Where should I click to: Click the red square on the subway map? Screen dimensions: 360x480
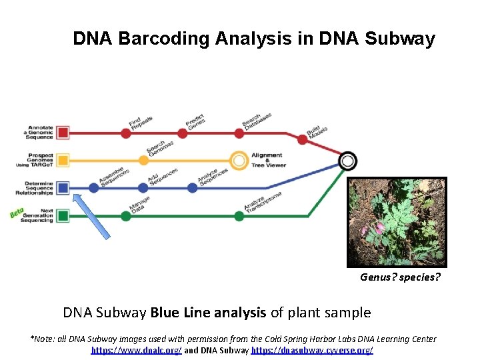pyautogui.click(x=63, y=132)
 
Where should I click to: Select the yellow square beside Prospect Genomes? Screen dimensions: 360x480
pyautogui.click(x=63, y=160)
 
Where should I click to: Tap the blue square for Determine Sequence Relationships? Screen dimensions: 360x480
pyautogui.click(x=63, y=187)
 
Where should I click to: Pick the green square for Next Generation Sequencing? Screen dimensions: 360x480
pyautogui.click(x=63, y=215)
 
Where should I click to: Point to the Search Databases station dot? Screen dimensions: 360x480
pyautogui.click(x=247, y=132)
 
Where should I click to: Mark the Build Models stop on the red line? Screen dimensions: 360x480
pyautogui.click(x=303, y=140)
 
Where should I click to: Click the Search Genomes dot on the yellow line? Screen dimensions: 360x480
pyautogui.click(x=143, y=160)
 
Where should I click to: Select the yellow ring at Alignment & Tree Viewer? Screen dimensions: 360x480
pyautogui.click(x=239, y=160)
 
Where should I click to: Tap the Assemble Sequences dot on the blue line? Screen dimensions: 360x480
pyautogui.click(x=94, y=187)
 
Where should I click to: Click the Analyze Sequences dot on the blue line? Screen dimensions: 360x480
pyautogui.click(x=192, y=187)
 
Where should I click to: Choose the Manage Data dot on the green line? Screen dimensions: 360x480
pyautogui.click(x=126, y=215)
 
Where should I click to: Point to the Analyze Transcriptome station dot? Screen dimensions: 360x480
pyautogui.click(x=239, y=215)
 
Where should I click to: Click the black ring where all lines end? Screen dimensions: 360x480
pyautogui.click(x=347, y=161)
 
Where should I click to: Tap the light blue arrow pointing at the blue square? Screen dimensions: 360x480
pyautogui.click(x=91, y=217)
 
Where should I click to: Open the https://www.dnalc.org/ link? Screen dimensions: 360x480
pyautogui.click(x=136, y=350)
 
